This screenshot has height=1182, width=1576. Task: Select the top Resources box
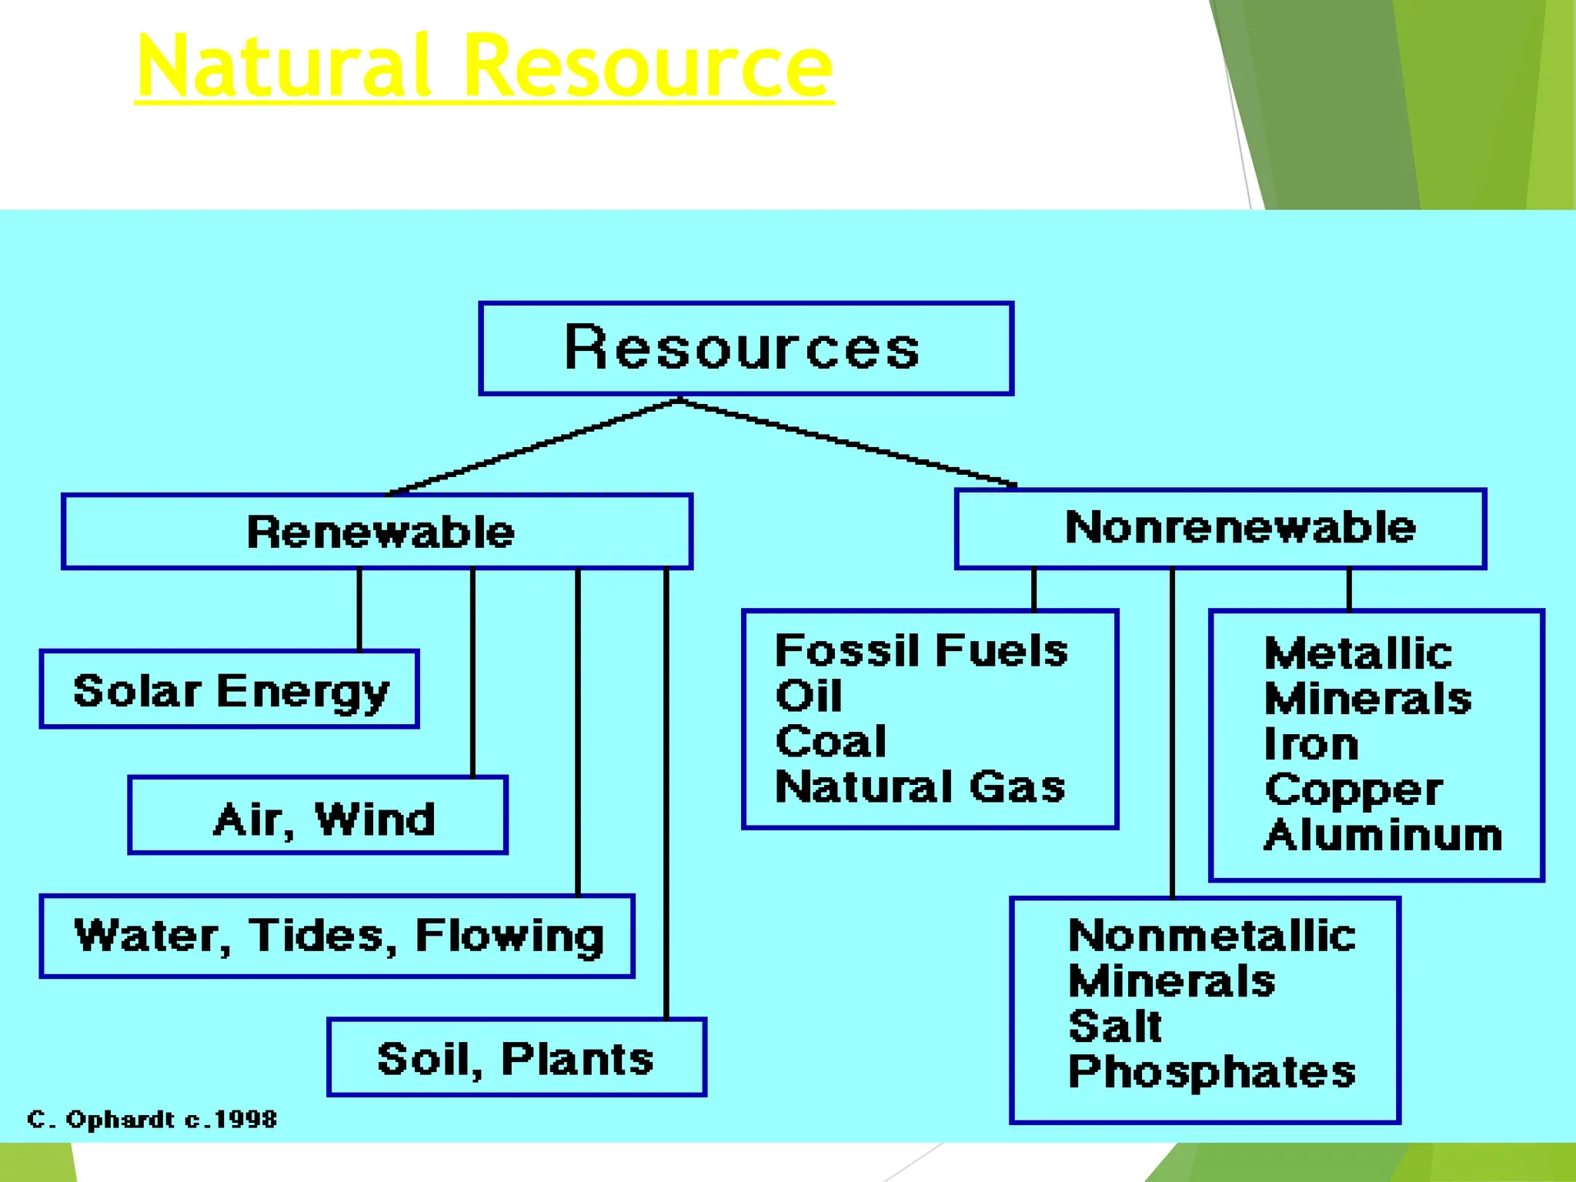(745, 349)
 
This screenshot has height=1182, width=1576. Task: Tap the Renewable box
(377, 532)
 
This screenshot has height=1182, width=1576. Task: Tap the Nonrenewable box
(1220, 529)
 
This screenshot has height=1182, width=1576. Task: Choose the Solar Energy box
(229, 689)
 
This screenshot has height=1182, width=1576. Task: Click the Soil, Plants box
(516, 1057)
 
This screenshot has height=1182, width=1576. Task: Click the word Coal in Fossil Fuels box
(830, 741)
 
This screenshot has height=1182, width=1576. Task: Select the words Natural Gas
(920, 786)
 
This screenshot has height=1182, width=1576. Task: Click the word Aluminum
(1383, 835)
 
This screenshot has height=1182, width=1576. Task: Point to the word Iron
(1311, 744)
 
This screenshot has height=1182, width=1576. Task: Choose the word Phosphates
(1212, 1072)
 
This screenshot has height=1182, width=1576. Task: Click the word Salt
(1115, 1026)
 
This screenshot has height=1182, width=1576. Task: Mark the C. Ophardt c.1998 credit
(152, 1119)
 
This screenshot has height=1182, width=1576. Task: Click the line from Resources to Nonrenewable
(846, 442)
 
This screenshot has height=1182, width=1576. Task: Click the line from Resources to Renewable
(531, 447)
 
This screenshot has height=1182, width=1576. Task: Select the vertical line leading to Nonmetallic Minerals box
(1172, 731)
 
